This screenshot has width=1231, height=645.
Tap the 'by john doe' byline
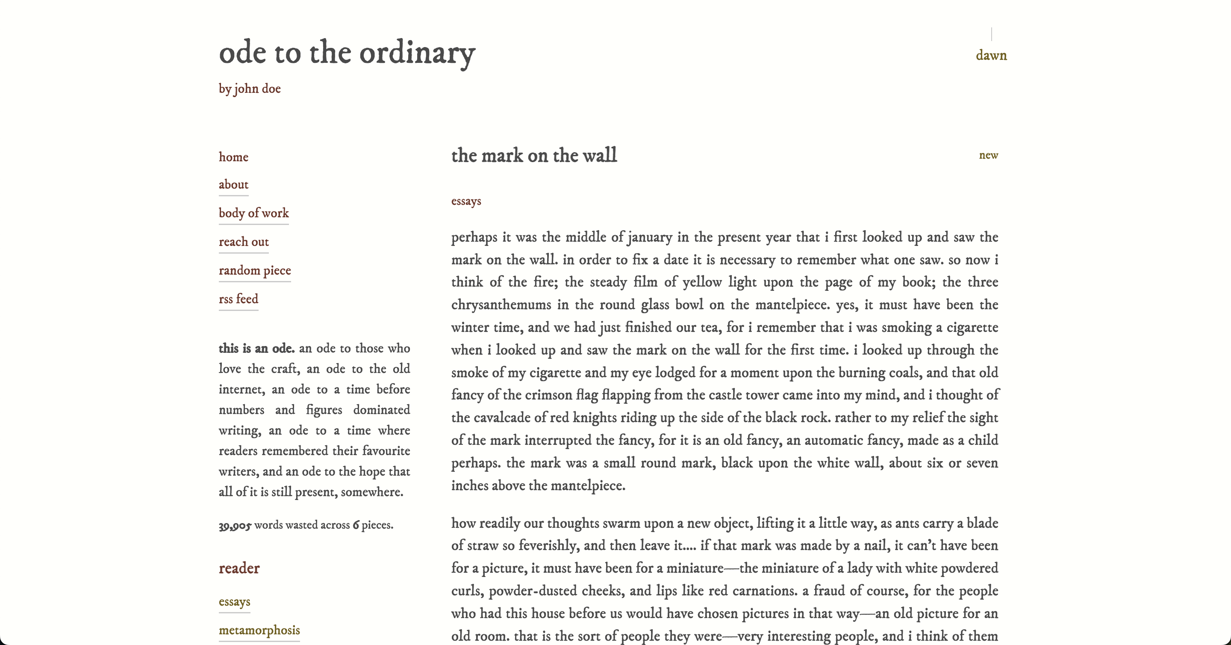[250, 89]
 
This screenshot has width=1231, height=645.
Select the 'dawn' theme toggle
[991, 56]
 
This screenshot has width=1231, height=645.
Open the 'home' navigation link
[233, 157]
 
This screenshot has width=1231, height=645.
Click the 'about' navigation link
[233, 184]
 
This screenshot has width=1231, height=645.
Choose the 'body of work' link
[254, 213]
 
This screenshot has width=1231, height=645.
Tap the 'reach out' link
[244, 242]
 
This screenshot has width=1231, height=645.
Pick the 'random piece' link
[255, 271]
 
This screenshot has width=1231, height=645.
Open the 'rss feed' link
[239, 299]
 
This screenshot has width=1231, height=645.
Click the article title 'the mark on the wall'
[534, 155]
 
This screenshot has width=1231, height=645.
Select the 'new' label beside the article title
[988, 155]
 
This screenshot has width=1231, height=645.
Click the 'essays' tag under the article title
[466, 201]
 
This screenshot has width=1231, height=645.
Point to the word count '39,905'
[235, 526]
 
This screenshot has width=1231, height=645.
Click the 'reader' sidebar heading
[239, 568]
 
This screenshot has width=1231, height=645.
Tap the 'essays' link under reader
[234, 601]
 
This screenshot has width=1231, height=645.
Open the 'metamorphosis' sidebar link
[259, 630]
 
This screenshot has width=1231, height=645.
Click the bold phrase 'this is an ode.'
[256, 349]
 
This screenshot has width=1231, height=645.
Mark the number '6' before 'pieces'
[356, 525]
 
